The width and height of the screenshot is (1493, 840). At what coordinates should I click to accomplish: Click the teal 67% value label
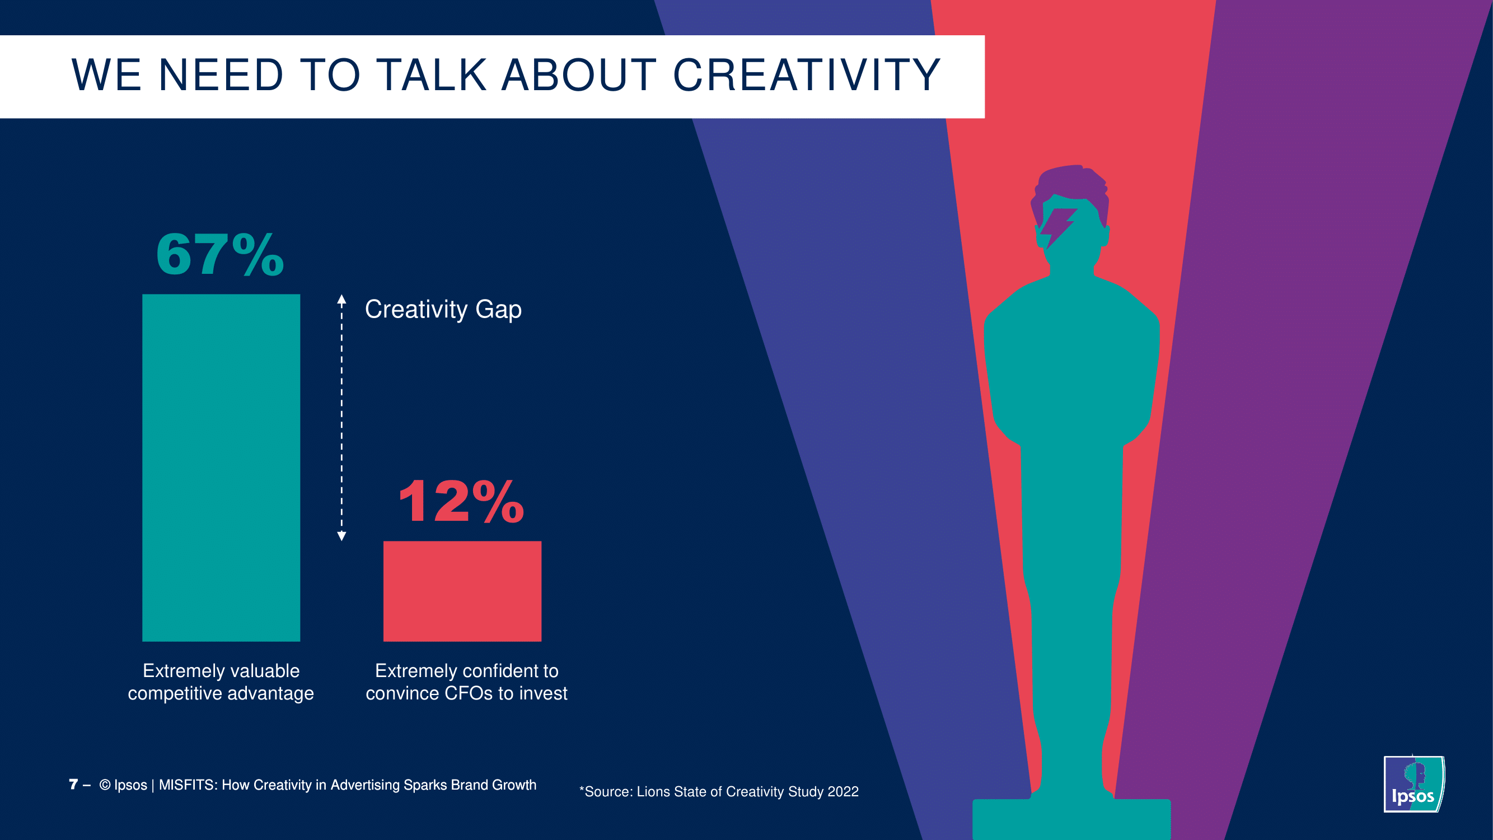(220, 254)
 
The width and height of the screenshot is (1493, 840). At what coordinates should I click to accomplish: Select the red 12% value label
(461, 501)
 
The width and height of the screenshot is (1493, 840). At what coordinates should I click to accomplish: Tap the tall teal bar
(221, 467)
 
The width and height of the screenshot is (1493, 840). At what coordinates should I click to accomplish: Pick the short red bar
(462, 591)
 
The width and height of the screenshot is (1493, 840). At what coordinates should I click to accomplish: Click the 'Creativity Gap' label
(443, 310)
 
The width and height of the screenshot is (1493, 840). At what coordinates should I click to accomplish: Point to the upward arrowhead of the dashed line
(342, 300)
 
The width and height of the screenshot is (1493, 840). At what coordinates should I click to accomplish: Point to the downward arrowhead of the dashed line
(342, 536)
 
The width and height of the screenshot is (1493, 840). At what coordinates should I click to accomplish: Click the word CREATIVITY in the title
(806, 76)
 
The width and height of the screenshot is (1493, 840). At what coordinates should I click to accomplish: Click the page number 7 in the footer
(73, 785)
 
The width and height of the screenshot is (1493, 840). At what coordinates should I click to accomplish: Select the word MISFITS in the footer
(188, 785)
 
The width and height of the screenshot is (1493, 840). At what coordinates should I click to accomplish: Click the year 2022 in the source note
(843, 792)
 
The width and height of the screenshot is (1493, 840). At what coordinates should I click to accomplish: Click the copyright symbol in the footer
(105, 785)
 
